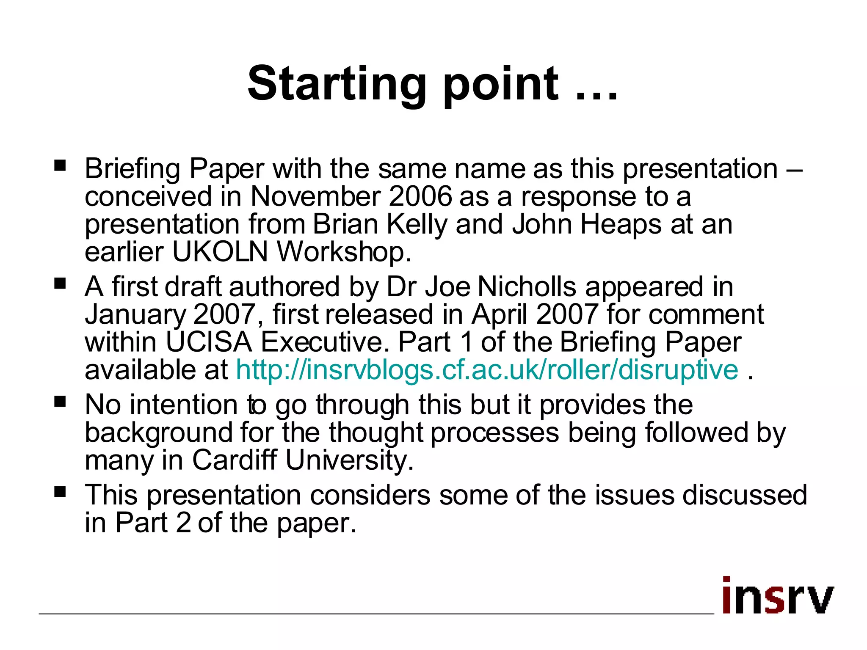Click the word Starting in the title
337,85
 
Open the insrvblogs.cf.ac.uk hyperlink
487,370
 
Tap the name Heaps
621,224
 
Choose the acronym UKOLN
220,252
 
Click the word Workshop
343,252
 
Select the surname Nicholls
527,287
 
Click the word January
135,315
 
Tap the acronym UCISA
209,342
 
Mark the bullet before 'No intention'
60,401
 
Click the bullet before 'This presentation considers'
60,492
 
